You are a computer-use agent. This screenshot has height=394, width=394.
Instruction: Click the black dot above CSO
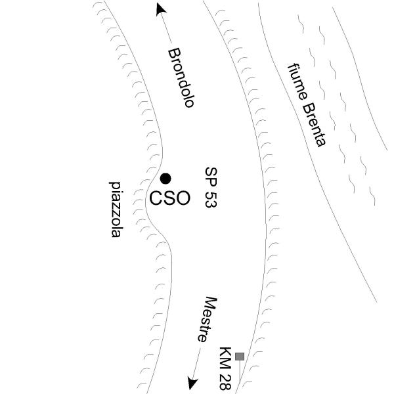(x=165, y=179)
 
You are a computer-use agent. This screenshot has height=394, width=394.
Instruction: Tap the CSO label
(x=169, y=198)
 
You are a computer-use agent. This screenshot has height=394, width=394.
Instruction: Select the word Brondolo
(x=181, y=77)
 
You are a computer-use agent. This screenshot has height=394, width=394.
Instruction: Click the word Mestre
(x=207, y=319)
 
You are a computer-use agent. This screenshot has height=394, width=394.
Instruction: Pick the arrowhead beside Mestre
(x=192, y=383)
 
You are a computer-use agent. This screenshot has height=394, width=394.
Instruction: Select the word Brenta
(x=315, y=125)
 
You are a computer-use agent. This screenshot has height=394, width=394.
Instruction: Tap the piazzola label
(x=116, y=209)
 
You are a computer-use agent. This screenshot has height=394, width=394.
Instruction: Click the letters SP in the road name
(x=211, y=177)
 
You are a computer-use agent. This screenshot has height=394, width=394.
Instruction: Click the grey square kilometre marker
(x=240, y=357)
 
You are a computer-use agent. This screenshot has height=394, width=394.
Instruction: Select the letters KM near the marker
(x=225, y=358)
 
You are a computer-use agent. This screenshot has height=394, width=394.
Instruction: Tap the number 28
(x=225, y=382)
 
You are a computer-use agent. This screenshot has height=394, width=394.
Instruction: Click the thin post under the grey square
(x=240, y=374)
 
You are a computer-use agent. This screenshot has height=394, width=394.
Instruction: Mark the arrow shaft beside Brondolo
(x=166, y=28)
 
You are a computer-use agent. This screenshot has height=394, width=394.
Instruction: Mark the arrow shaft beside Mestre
(x=197, y=363)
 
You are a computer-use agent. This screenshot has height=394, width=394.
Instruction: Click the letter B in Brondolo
(x=174, y=53)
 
